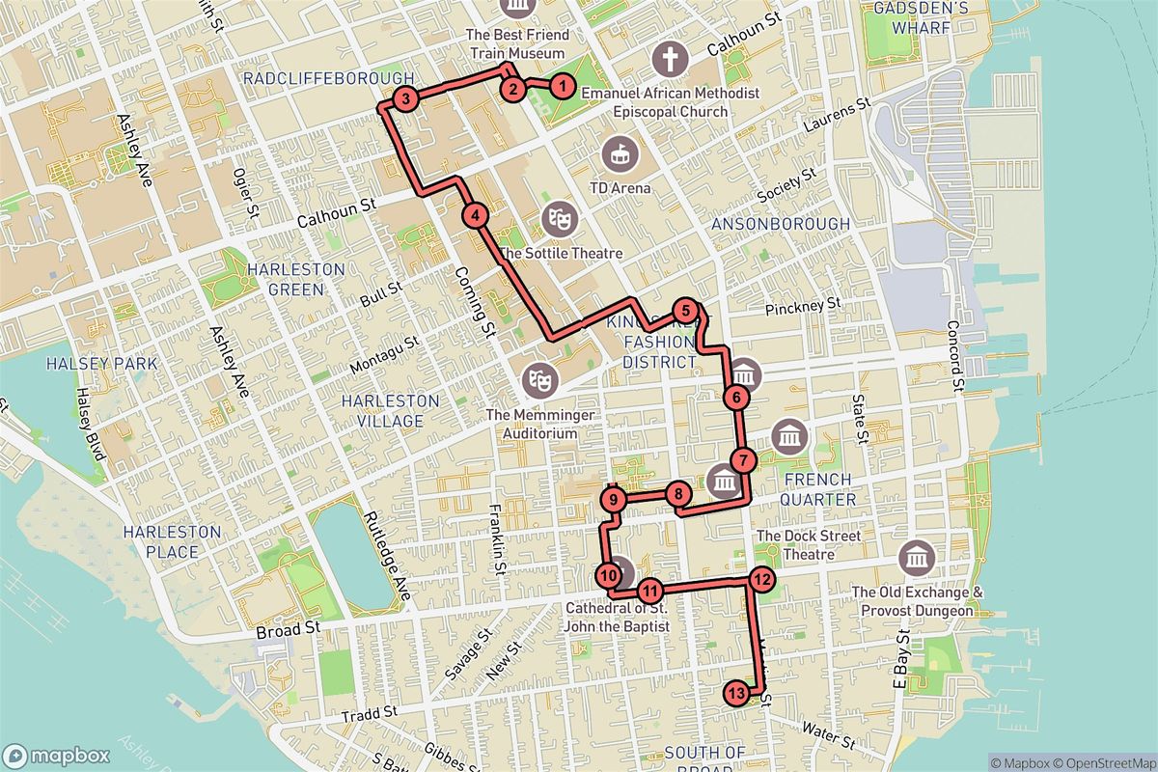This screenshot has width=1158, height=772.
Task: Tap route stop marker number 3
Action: [406, 98]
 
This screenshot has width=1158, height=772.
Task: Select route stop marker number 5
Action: [684, 311]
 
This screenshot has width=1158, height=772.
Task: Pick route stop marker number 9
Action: [614, 499]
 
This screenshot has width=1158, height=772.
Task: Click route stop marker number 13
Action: [735, 693]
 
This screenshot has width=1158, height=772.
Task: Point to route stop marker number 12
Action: [760, 580]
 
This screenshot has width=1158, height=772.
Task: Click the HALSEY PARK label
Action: [89, 363]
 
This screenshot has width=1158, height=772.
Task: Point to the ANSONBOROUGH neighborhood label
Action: [781, 224]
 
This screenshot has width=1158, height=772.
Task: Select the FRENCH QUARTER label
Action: [818, 489]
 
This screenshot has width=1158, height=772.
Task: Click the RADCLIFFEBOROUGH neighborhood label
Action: [329, 78]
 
